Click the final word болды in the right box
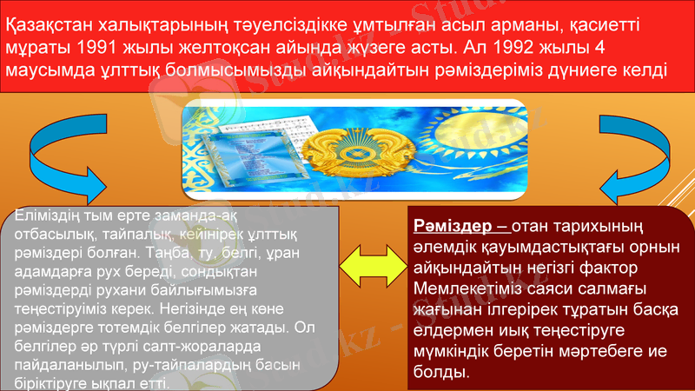point(440,373)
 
